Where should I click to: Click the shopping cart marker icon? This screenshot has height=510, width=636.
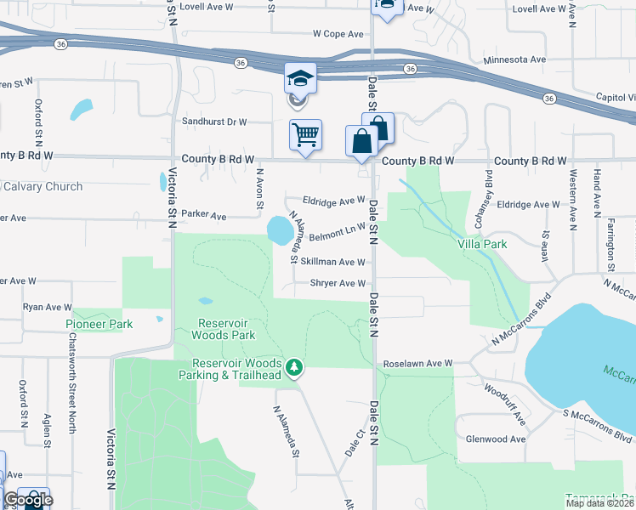pyautogui.click(x=305, y=134)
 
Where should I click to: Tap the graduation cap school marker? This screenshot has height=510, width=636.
pyautogui.click(x=300, y=79)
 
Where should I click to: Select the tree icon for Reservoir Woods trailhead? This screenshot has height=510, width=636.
pyautogui.click(x=294, y=367)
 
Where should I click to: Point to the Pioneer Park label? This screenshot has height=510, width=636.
pyautogui.click(x=99, y=324)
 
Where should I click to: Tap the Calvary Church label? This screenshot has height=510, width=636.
pyautogui.click(x=42, y=187)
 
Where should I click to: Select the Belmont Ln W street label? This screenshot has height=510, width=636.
pyautogui.click(x=337, y=229)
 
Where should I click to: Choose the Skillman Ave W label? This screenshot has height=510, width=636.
pyautogui.click(x=333, y=263)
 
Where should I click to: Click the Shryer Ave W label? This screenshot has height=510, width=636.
pyautogui.click(x=338, y=284)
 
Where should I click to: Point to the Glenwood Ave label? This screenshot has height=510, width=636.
pyautogui.click(x=497, y=439)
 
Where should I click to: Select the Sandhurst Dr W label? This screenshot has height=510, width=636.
pyautogui.click(x=214, y=122)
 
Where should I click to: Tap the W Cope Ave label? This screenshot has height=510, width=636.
pyautogui.click(x=338, y=34)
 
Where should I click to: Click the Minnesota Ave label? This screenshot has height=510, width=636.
pyautogui.click(x=514, y=60)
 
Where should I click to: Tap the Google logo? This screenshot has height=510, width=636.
pyautogui.click(x=28, y=501)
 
